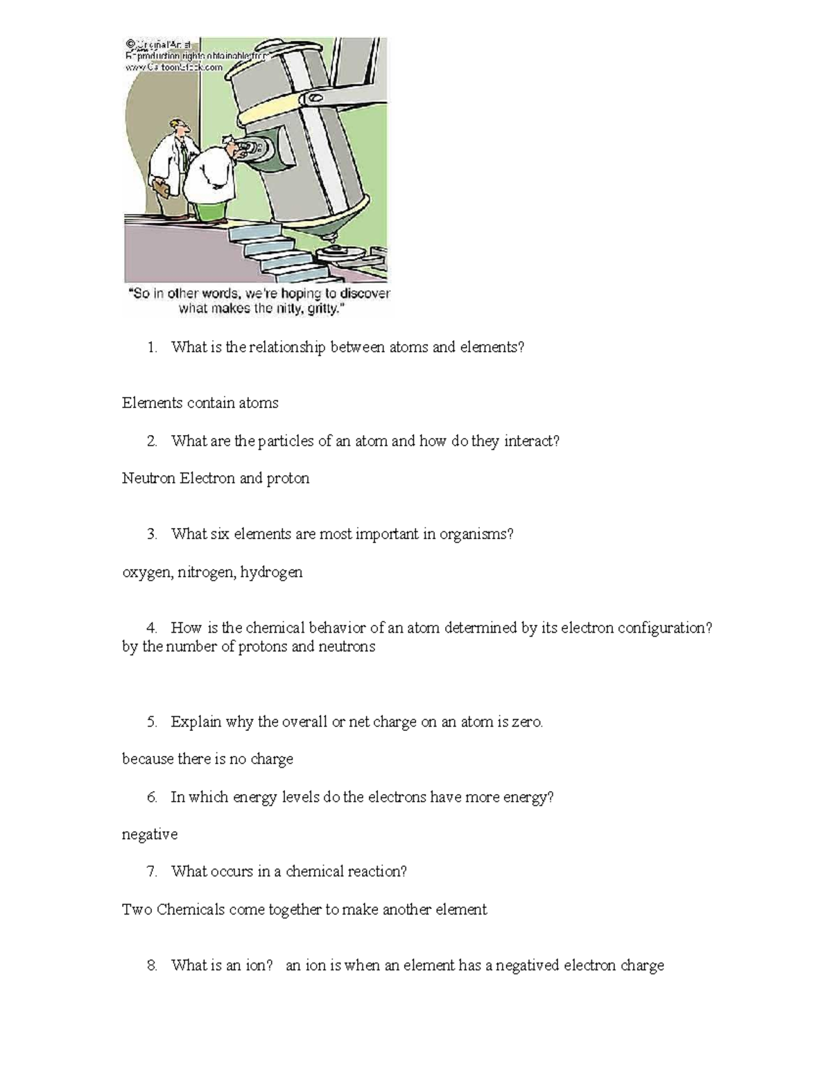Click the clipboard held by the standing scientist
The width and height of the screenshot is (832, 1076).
point(161,188)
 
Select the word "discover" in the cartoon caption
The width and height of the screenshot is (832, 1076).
point(365,294)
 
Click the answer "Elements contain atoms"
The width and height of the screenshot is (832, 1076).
point(200,403)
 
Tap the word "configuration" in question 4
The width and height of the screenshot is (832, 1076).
point(664,628)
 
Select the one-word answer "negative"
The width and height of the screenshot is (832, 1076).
point(150,834)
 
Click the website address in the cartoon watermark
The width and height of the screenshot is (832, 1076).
point(174,67)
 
